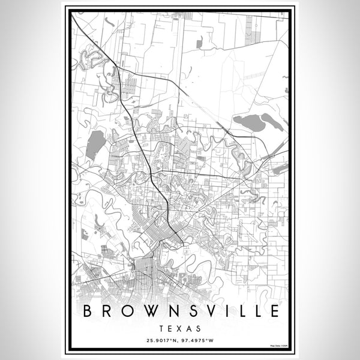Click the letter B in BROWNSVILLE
pyautogui.click(x=87, y=311)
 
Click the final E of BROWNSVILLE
pyautogui.click(x=274, y=311)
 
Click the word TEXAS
pyautogui.click(x=180, y=329)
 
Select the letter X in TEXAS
pyautogui.click(x=180, y=329)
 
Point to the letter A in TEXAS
pyautogui.click(x=189, y=329)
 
